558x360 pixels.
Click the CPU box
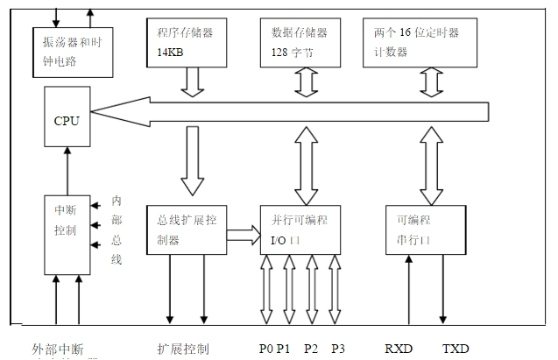coord(67,120)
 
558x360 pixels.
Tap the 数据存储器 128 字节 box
coord(305,41)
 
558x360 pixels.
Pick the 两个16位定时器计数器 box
coord(420,41)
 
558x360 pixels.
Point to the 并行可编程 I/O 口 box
coord(300,229)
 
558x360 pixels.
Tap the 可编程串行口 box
coord(427,229)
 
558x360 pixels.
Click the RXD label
coord(399,349)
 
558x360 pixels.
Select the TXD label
coord(456,349)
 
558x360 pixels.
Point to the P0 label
coord(266,349)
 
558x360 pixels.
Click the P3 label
coord(338,349)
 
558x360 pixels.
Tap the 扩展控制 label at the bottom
coord(183,349)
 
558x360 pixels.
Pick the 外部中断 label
coord(59,349)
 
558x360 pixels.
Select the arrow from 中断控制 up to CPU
coord(67,170)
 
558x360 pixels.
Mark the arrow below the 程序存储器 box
coord(192,81)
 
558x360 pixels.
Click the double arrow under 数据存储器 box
coord(305,81)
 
